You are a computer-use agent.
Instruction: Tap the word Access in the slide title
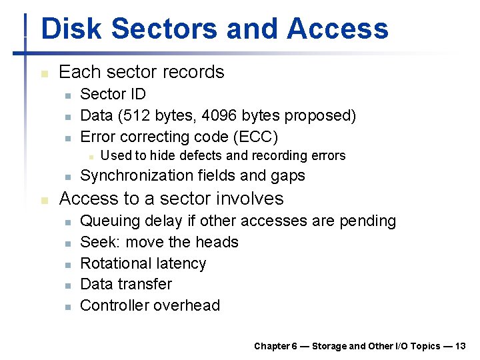(337, 29)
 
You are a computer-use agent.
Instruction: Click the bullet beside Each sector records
(43, 73)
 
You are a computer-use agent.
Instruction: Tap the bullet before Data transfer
(67, 285)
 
